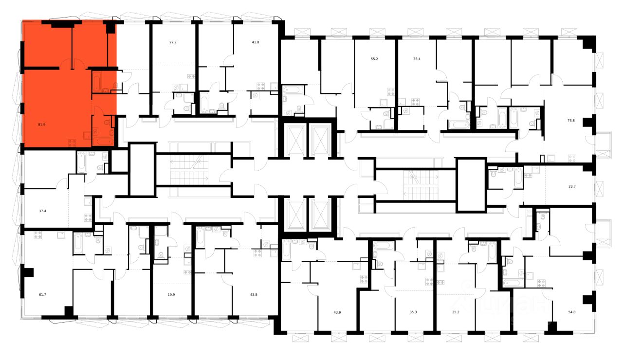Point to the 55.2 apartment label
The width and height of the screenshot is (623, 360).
tap(374, 58)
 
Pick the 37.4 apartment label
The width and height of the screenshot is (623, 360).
tap(42, 211)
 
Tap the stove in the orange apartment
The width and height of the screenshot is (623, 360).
tap(72, 143)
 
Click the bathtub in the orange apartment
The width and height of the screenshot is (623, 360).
tap(103, 142)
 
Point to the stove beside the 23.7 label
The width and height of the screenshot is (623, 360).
tap(572, 158)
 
